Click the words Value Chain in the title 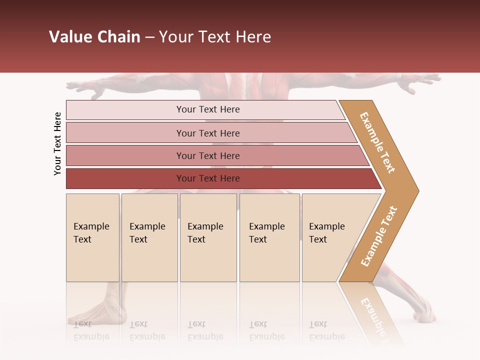point(94,37)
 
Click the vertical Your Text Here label point(57,143)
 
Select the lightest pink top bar point(205,109)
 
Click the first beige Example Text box point(92,237)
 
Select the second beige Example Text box point(149,237)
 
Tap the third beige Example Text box point(208,237)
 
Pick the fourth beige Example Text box point(269,237)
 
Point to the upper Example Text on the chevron point(377,142)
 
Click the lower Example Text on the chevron point(378,236)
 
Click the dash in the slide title point(149,37)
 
